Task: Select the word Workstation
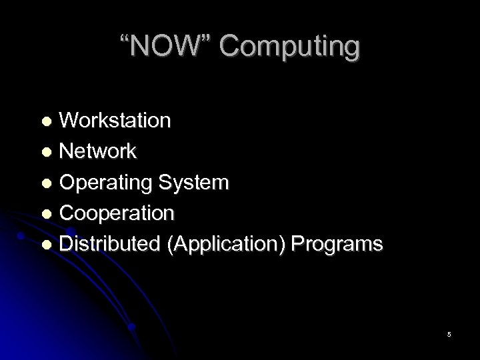pos(115,121)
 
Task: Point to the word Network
pos(98,151)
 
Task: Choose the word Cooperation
pos(117,213)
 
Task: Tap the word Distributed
pos(110,243)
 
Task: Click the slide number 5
pos(449,334)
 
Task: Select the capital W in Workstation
pos(69,121)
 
